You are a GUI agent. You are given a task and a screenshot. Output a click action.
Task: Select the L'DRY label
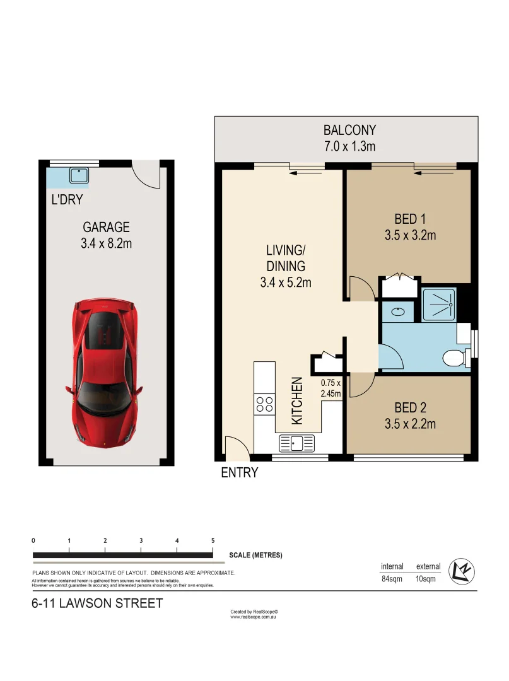click(67, 200)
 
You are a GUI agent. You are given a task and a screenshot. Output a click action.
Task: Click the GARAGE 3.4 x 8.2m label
click(106, 235)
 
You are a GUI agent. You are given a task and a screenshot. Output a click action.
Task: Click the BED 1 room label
click(410, 227)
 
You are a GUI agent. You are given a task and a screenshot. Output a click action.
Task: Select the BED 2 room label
click(410, 416)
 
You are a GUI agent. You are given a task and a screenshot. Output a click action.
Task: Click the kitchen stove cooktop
click(265, 404)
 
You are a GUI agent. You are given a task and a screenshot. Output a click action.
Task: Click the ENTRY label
click(239, 472)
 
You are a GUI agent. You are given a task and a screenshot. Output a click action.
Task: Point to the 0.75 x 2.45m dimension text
click(331, 388)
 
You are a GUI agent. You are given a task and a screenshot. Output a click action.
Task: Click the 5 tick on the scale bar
click(213, 540)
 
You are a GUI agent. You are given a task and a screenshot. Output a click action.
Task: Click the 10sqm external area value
click(426, 579)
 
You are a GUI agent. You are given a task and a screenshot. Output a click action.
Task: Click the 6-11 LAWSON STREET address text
click(97, 603)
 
